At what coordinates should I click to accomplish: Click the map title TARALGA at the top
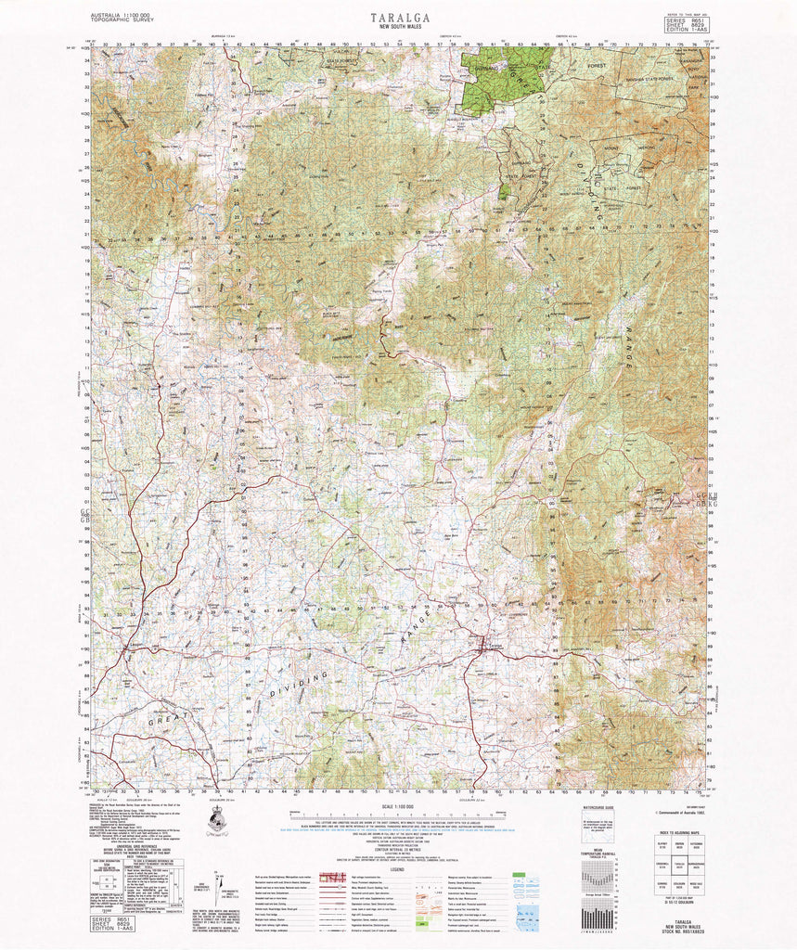coord(398,17)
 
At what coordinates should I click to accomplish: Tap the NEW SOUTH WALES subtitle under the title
coord(398,28)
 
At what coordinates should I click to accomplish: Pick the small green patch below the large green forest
coord(504,192)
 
